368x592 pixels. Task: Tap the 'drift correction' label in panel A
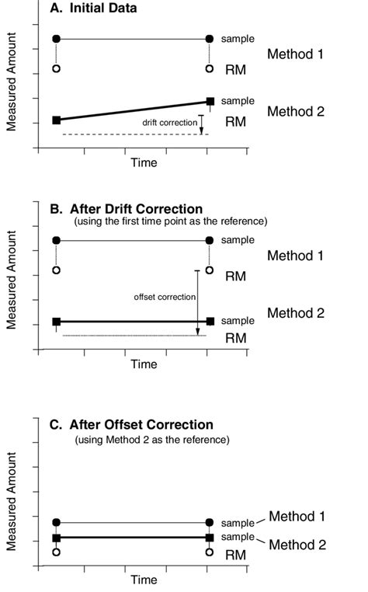169,123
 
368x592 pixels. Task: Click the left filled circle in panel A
56,38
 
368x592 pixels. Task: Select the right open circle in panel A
209,68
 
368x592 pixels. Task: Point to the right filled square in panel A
210,101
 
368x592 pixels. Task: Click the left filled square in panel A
56,120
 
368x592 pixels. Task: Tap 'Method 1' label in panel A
295,54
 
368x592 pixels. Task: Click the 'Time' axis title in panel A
144,162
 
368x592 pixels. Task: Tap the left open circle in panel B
56,270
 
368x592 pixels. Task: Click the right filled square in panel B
210,321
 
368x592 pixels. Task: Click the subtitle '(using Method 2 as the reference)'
151,440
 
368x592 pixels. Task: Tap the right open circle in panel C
209,552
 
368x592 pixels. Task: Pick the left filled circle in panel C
56,523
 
